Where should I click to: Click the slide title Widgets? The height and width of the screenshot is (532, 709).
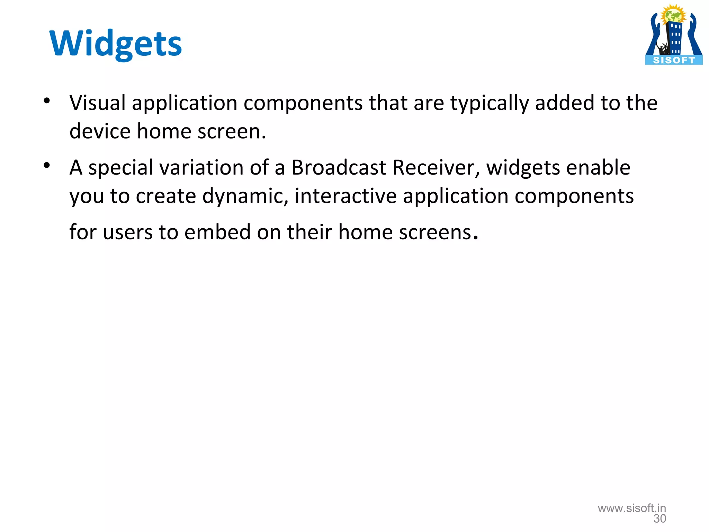point(116,44)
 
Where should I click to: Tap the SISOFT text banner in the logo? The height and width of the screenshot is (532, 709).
point(674,60)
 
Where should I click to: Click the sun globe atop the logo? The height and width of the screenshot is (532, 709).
point(673,15)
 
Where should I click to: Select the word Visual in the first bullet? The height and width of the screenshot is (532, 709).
point(97,103)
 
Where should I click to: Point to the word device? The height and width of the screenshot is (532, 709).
point(100,131)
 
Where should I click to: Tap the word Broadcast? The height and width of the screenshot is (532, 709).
point(339,168)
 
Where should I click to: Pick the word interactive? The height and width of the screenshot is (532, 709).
point(345,196)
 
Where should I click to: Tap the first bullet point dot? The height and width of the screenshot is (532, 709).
point(47,101)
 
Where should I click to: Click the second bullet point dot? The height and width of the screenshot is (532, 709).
point(47,166)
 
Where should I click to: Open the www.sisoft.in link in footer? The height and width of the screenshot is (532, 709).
point(632,508)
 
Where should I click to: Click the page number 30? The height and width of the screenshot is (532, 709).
point(659,519)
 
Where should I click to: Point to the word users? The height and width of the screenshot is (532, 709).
point(128,232)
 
